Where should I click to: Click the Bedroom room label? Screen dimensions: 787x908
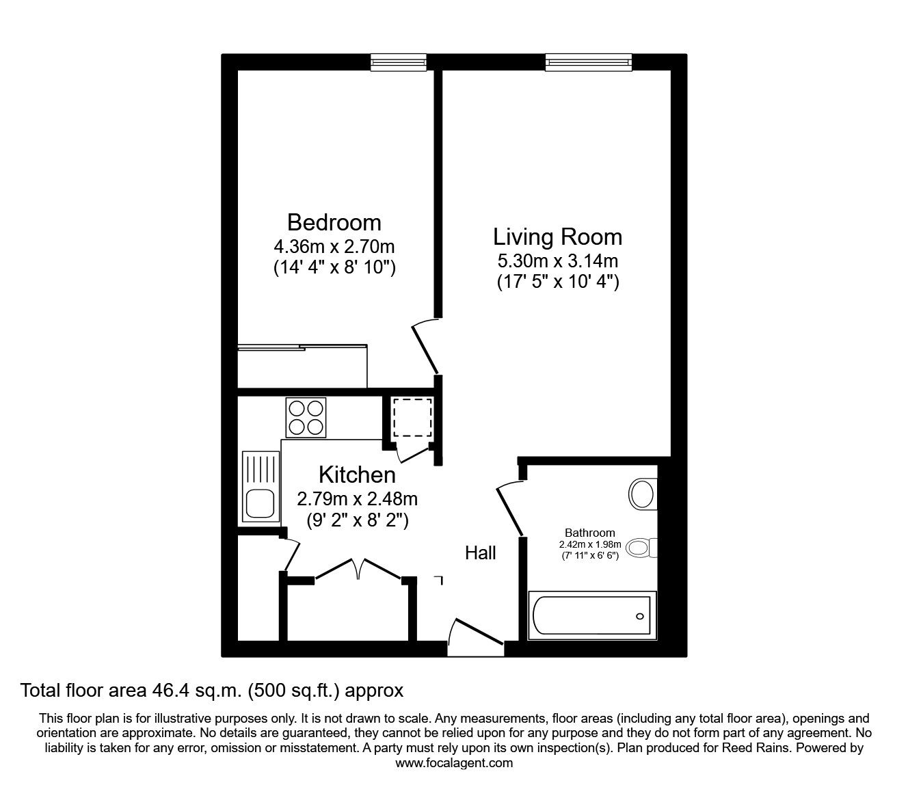coord(334,222)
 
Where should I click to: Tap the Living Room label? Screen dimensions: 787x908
coord(557,237)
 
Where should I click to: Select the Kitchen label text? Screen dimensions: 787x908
coord(357,475)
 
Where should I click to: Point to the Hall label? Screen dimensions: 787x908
coord(480,553)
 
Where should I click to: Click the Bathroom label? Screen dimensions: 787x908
coord(589,533)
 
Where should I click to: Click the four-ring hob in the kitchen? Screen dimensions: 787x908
coord(306,417)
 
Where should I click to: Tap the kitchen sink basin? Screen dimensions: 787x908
coord(259,504)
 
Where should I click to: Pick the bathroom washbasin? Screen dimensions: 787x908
coord(642,494)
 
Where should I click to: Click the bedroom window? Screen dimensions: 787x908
coord(398,62)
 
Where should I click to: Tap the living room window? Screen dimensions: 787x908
coord(588,62)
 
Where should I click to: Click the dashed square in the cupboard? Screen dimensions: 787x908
coord(412,418)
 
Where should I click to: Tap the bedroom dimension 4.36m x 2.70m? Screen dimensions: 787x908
coord(334,245)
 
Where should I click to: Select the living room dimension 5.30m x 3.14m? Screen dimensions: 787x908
coord(557,261)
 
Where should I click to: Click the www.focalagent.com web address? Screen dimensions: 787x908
coord(454,763)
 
